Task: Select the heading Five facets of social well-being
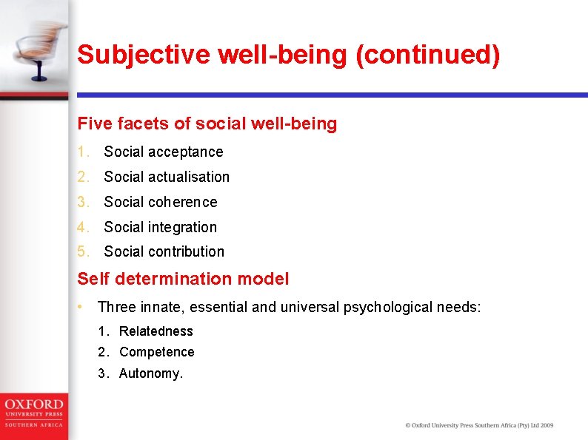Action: pyautogui.click(x=207, y=123)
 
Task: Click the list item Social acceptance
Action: pyautogui.click(x=163, y=152)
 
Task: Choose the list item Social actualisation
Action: pyautogui.click(x=167, y=177)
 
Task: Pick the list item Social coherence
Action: pyautogui.click(x=161, y=202)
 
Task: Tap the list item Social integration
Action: pyautogui.click(x=161, y=227)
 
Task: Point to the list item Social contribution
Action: pyautogui.click(x=164, y=251)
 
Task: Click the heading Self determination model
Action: pyautogui.click(x=183, y=279)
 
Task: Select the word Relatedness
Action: pyautogui.click(x=156, y=331)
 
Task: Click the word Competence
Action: pyautogui.click(x=156, y=352)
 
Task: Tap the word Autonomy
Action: pyautogui.click(x=150, y=373)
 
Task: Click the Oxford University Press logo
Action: pyautogui.click(x=33, y=413)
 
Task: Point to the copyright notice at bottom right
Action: pyautogui.click(x=478, y=425)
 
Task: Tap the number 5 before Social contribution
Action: pyautogui.click(x=82, y=251)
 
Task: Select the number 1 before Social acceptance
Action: pyautogui.click(x=82, y=152)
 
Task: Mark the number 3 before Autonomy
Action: pyautogui.click(x=102, y=373)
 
